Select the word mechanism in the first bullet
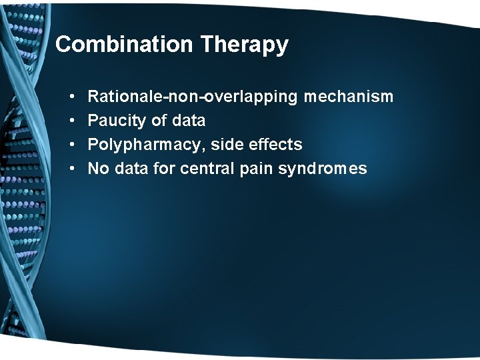[349, 97]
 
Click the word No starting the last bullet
[99, 169]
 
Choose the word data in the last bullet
[132, 169]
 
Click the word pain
[255, 169]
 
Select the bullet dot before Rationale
[71, 97]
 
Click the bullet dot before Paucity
[71, 121]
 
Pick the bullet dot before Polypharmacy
[71, 145]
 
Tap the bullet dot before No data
[71, 169]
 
